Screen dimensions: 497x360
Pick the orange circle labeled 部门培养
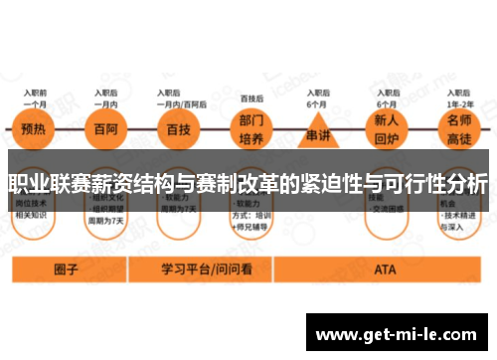[x=252, y=132]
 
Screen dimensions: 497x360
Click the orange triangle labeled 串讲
[x=318, y=132]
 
